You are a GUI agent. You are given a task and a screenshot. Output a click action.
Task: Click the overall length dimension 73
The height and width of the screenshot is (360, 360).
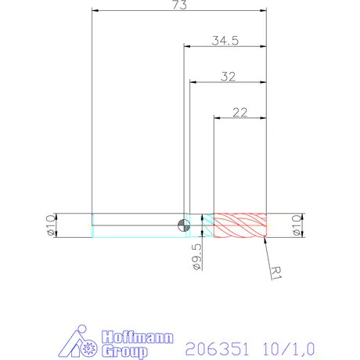tap(179, 5)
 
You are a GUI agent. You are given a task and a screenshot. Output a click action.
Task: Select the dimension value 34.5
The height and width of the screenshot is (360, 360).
tap(225, 40)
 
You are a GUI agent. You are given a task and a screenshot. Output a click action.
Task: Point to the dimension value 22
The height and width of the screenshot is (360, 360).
tap(239, 112)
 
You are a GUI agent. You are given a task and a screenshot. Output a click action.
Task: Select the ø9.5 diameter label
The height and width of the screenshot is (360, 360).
tap(196, 256)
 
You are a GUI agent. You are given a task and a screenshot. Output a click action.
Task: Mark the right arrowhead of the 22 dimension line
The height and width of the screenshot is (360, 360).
tap(264, 119)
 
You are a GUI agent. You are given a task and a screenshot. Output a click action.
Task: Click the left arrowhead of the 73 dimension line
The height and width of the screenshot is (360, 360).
tap(95, 11)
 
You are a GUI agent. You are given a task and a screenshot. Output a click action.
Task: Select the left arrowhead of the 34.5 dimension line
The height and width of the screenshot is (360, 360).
tap(186, 46)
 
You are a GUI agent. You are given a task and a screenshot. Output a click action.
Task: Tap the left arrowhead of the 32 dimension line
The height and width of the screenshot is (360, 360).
tap(193, 82)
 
